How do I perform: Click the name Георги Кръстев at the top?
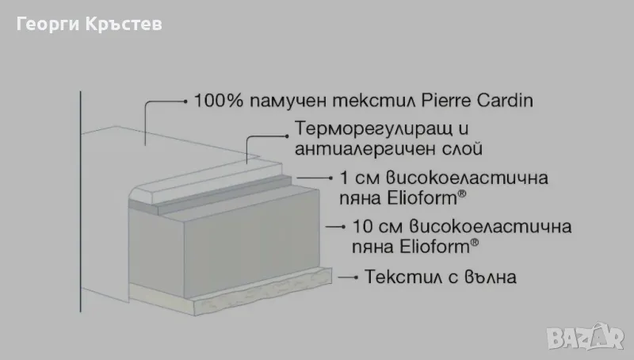pos(90,24)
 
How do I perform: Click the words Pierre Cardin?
pos(477,101)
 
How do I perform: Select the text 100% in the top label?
pos(219,101)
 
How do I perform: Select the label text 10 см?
pos(377,227)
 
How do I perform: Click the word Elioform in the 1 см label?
pos(422,198)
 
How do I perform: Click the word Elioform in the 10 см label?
pos(434,247)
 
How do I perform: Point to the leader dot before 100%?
pos(185,101)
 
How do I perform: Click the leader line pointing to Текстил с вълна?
pos(348,278)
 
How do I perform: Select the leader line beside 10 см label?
pos(335,227)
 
